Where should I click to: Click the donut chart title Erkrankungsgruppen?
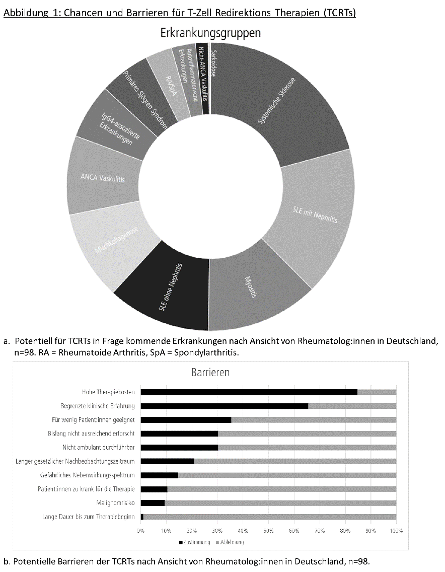point(210,33)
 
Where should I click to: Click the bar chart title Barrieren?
point(210,373)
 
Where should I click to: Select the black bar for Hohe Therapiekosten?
point(249,392)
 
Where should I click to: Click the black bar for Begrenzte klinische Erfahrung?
point(224,406)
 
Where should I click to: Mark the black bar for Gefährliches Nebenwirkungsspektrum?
point(159,475)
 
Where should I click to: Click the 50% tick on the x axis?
point(268,530)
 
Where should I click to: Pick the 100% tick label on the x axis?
point(396,530)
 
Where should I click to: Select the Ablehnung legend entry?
point(230,542)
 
